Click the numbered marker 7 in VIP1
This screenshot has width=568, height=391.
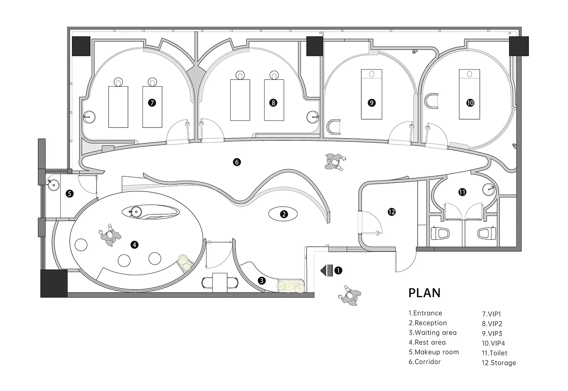click(x=152, y=103)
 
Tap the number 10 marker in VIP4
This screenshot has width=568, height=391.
click(x=470, y=103)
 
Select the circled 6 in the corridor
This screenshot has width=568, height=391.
click(x=237, y=162)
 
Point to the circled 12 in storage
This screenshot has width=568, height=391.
click(x=392, y=212)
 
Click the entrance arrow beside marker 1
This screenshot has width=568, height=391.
click(x=326, y=270)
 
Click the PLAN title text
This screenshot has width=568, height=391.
click(x=424, y=293)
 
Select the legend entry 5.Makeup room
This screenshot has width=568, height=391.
click(x=434, y=352)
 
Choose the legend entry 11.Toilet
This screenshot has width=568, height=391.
click(x=495, y=353)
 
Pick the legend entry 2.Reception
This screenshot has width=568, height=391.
click(x=428, y=323)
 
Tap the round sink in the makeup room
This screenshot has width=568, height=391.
click(x=53, y=185)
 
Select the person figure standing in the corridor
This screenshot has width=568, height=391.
click(x=334, y=161)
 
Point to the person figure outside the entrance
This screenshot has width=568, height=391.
click(x=350, y=296)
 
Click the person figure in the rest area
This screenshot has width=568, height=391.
click(x=109, y=235)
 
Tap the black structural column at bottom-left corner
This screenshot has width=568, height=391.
click(x=54, y=283)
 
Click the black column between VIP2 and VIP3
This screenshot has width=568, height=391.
click(x=314, y=46)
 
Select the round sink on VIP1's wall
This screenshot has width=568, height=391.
click(x=89, y=117)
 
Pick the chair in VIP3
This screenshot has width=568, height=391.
click(x=333, y=127)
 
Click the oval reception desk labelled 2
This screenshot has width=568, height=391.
click(x=283, y=214)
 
